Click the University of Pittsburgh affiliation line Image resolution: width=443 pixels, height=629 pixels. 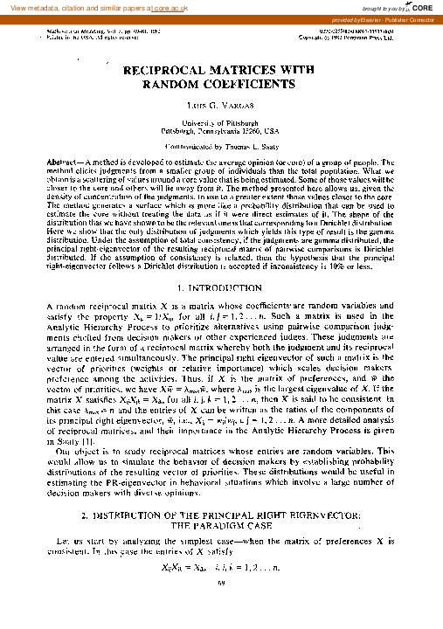(221, 124)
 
